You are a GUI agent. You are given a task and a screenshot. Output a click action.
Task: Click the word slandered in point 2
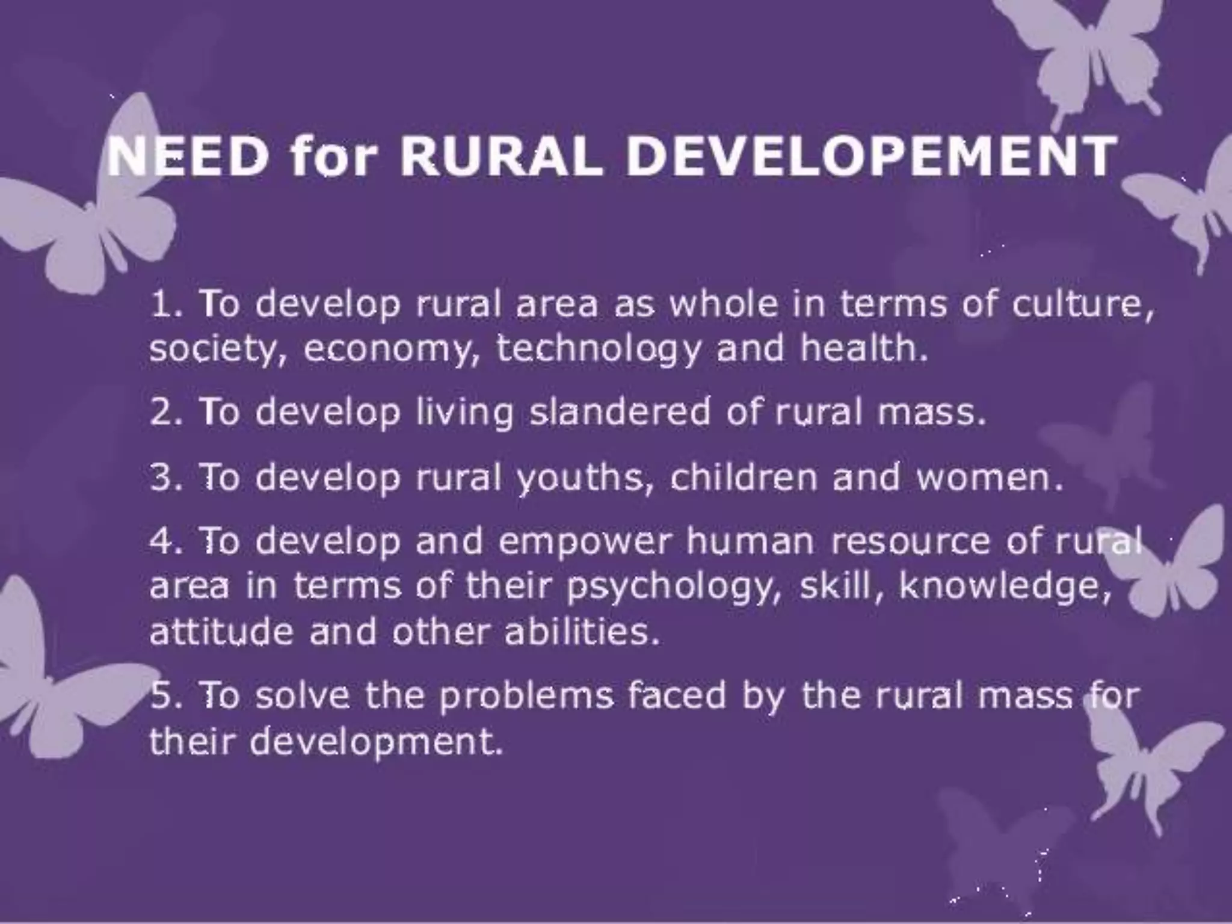pos(619,412)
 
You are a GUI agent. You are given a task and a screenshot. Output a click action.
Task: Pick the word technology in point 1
pos(599,350)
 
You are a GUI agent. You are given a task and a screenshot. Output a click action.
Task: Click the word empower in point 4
pos(583,542)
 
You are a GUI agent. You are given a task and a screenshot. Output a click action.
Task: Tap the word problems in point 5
pos(526,697)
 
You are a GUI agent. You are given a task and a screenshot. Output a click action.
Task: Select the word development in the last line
pos(375,742)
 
